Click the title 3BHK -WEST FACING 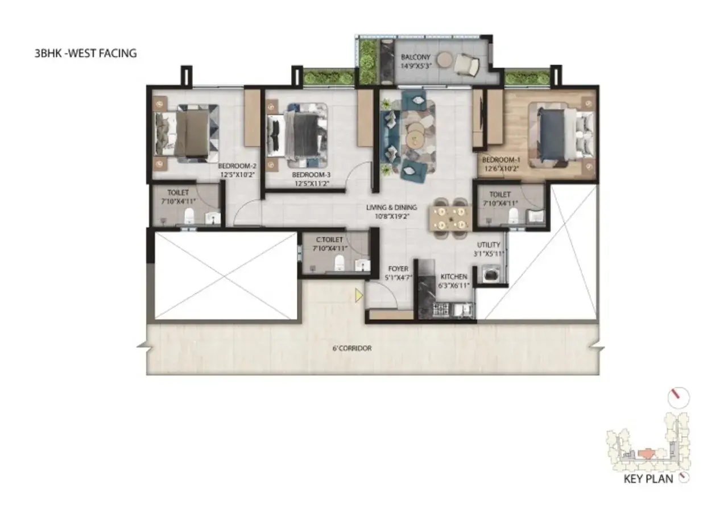coord(86,53)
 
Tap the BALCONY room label coord(416,57)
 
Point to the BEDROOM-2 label coord(237,166)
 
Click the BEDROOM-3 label coord(311,175)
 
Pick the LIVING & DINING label coord(391,207)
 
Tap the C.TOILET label coord(329,240)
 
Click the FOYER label coord(398,269)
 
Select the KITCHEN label coord(454,276)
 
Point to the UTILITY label coord(489,245)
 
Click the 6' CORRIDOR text coord(352,348)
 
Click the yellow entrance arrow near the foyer coord(359,295)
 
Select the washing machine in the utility coord(491,274)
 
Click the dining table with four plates coord(450,218)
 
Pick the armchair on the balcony coord(466,64)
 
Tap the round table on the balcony coord(445,60)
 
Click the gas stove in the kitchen coord(441,309)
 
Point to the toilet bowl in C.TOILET coord(339,263)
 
